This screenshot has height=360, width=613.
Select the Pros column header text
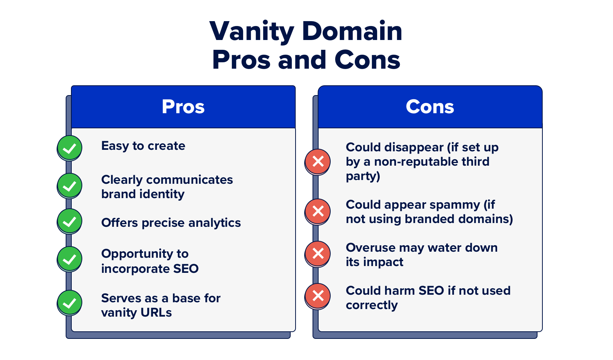183,107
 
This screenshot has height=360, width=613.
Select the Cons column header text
430,107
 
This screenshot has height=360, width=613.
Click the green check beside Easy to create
69,148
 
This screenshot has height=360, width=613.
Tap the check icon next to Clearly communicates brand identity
69,186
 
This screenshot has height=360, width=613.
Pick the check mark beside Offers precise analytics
69,221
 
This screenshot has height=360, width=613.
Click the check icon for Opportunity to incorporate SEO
69,259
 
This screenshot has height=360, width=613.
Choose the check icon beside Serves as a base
69,303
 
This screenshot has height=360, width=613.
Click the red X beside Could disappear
318,162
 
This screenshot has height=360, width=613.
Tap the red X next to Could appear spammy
318,211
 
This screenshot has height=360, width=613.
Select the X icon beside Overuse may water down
318,254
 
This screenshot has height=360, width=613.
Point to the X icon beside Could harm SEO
318,296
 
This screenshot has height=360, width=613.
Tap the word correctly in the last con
371,305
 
